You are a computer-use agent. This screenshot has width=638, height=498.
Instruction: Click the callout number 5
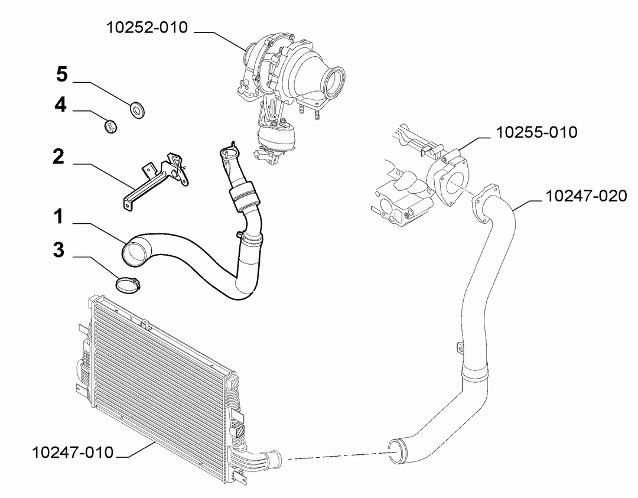(62, 74)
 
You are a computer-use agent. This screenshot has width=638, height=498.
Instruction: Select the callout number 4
(61, 105)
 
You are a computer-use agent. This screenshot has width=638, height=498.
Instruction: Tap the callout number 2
(58, 157)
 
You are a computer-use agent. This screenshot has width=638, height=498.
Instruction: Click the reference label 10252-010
(147, 28)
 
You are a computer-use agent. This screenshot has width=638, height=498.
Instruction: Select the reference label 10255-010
(536, 133)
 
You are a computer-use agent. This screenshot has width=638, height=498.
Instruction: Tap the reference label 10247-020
(587, 196)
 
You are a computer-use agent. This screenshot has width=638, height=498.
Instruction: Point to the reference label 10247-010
(73, 453)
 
